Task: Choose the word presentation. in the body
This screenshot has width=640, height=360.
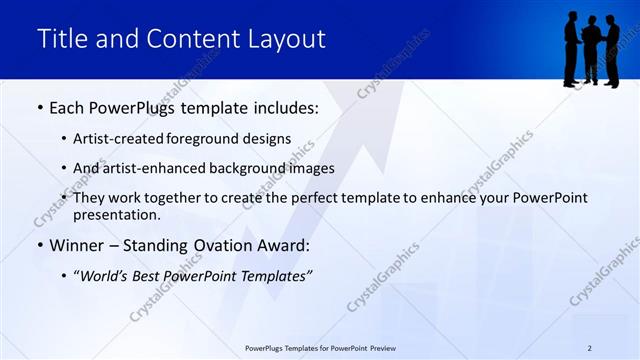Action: pyautogui.click(x=117, y=214)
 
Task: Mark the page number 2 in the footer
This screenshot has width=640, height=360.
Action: pyautogui.click(x=589, y=347)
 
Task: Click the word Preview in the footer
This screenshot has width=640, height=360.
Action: pyautogui.click(x=390, y=347)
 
